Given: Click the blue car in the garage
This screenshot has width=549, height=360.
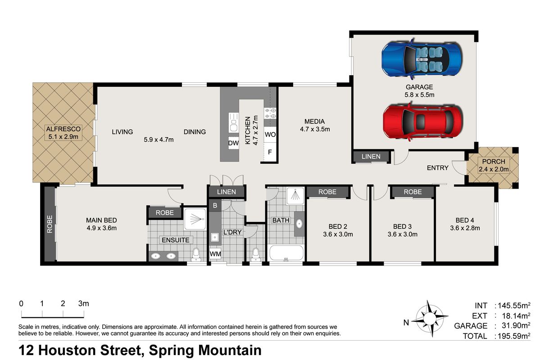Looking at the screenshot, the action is click(x=422, y=58).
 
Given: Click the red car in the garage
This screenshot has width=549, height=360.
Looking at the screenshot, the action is click(x=422, y=121).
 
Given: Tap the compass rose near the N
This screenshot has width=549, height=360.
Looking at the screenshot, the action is click(x=430, y=318).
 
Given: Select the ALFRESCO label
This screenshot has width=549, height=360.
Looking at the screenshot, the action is click(x=63, y=129).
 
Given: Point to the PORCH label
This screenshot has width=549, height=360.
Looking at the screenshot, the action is click(x=494, y=162).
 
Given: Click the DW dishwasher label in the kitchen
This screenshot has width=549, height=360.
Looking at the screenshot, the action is click(x=233, y=143).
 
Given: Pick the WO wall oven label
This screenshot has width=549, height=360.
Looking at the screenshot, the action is click(x=270, y=135).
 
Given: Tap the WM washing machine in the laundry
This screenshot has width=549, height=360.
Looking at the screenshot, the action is click(x=215, y=254).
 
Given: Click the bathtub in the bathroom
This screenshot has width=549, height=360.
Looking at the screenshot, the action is click(x=286, y=253).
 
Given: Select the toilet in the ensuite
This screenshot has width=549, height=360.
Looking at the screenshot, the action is click(x=196, y=255).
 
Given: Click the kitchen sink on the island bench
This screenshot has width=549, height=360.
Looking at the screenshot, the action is click(x=233, y=122).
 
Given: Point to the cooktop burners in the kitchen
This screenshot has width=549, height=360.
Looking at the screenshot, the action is click(x=270, y=113).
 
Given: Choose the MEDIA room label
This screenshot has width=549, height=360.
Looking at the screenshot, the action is click(x=314, y=121).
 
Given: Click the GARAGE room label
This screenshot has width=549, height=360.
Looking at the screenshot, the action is click(x=419, y=87).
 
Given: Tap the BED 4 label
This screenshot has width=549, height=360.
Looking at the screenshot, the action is click(x=465, y=220).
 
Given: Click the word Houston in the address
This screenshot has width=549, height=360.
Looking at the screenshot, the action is click(x=89, y=350).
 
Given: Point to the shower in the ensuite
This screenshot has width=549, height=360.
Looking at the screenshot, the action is click(x=195, y=219).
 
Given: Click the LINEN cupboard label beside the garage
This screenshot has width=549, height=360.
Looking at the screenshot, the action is click(x=371, y=157).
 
